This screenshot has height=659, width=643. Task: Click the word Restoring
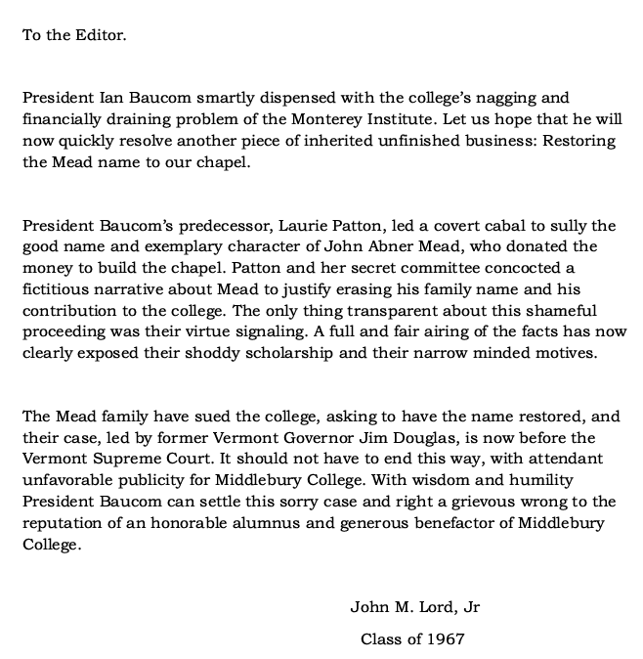(x=579, y=141)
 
